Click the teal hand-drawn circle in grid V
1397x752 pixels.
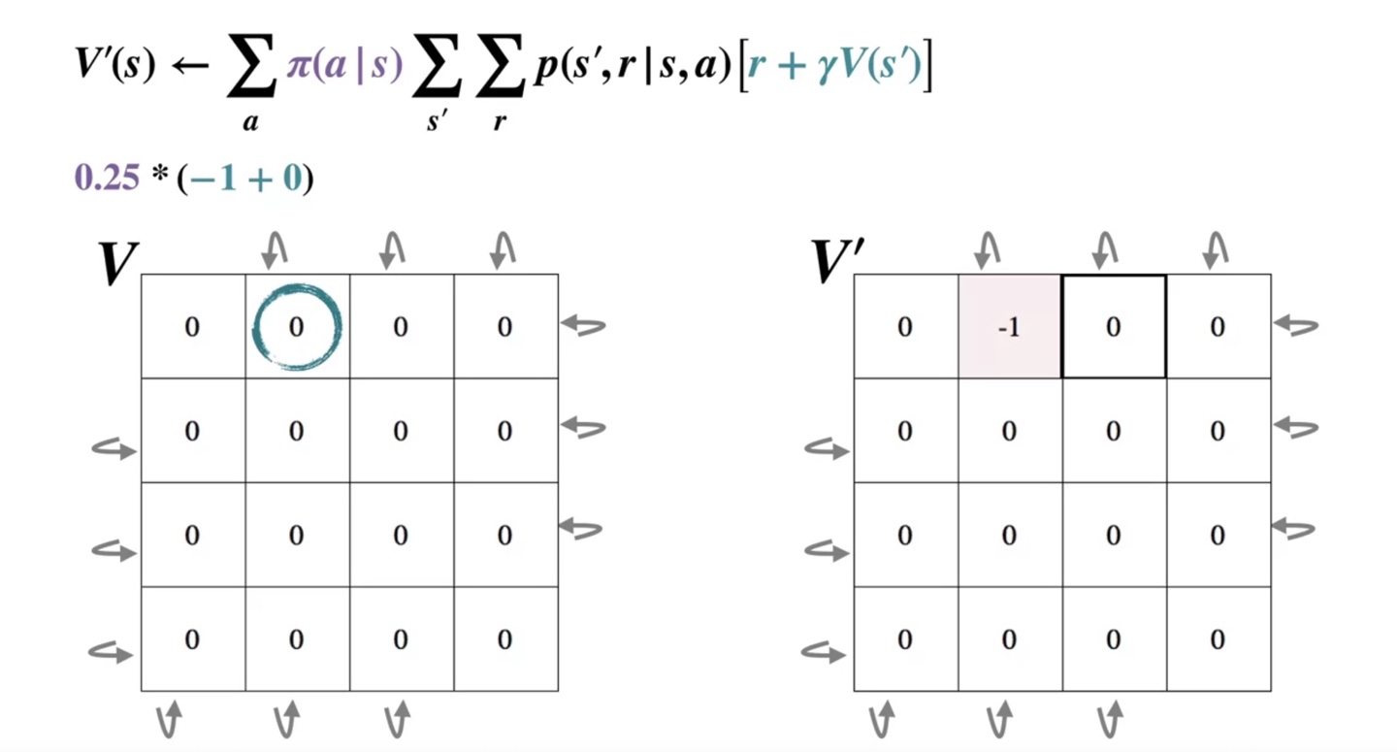pyautogui.click(x=297, y=326)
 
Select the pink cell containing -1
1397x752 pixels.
pyautogui.click(x=1009, y=327)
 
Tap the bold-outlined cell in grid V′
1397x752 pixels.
pyautogui.click(x=1114, y=327)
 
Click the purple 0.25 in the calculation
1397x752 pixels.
pyautogui.click(x=108, y=180)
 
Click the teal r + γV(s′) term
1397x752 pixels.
pyautogui.click(x=834, y=70)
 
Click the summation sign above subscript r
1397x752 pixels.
pyautogui.click(x=500, y=74)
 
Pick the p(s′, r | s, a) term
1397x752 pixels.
pyautogui.click(x=631, y=70)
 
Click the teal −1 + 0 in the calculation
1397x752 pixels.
pyautogui.click(x=245, y=180)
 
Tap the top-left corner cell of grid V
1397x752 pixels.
pyautogui.click(x=192, y=327)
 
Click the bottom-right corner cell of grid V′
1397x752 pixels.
pyautogui.click(x=1218, y=639)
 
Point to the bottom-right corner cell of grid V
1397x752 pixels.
pyautogui.click(x=504, y=639)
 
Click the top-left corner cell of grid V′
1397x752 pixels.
pyautogui.click(x=905, y=327)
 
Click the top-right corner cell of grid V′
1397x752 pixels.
pyautogui.click(x=1218, y=327)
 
